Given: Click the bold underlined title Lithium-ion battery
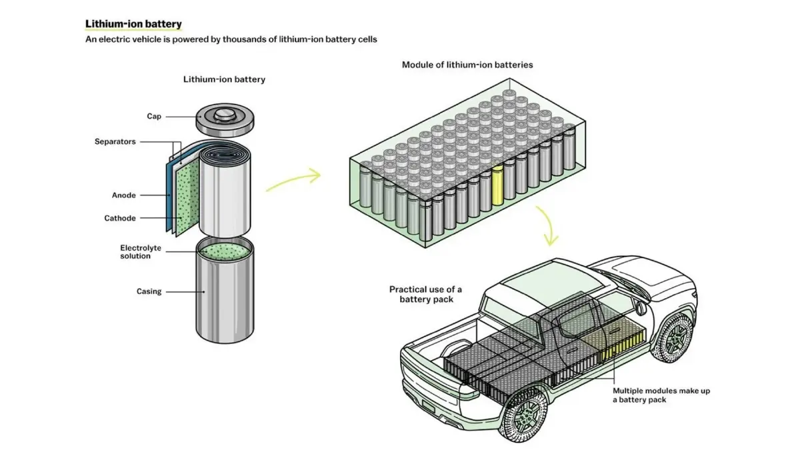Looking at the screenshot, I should point(133,25).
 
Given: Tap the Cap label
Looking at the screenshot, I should point(154,117).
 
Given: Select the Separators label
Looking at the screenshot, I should point(115,142).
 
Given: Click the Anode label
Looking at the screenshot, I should point(124,195).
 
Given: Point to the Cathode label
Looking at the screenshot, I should point(120,218).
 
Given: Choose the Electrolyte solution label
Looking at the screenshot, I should point(141,252).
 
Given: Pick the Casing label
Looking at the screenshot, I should point(149,291).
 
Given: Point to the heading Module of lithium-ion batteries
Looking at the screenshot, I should point(467,65).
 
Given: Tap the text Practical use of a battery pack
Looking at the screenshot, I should point(425,294).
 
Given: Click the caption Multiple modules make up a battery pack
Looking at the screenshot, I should point(661,395).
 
